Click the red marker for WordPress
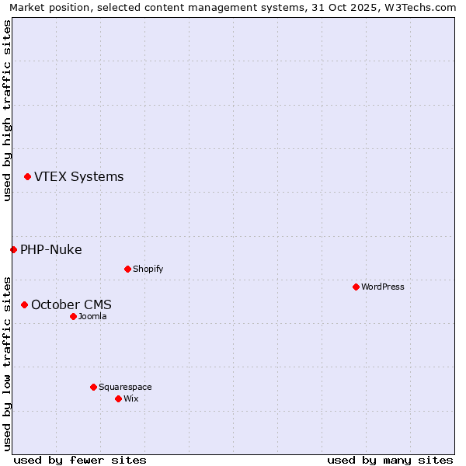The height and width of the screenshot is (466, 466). (356, 287)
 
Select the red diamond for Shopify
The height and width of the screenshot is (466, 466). (127, 269)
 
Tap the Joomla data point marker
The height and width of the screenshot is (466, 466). (73, 316)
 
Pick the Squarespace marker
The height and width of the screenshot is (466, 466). (93, 387)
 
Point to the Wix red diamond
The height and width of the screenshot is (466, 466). (118, 398)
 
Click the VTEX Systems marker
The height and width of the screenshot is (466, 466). (27, 177)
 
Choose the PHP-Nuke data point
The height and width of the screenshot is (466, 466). (13, 249)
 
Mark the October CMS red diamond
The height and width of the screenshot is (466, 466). (24, 304)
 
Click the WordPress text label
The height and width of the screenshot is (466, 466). (382, 287)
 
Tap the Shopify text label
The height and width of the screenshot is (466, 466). (148, 269)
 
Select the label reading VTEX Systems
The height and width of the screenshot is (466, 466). (78, 176)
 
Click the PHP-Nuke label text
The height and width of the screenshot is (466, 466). (51, 249)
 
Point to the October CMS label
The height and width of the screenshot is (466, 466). (71, 304)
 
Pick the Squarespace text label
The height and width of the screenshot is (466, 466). (125, 387)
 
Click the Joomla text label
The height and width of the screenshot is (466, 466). (92, 316)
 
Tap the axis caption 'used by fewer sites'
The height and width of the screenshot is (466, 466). (80, 460)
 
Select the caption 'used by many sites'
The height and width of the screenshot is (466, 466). (390, 460)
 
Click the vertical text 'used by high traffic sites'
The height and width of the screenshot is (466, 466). (7, 110)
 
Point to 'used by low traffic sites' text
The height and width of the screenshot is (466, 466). (7, 363)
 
